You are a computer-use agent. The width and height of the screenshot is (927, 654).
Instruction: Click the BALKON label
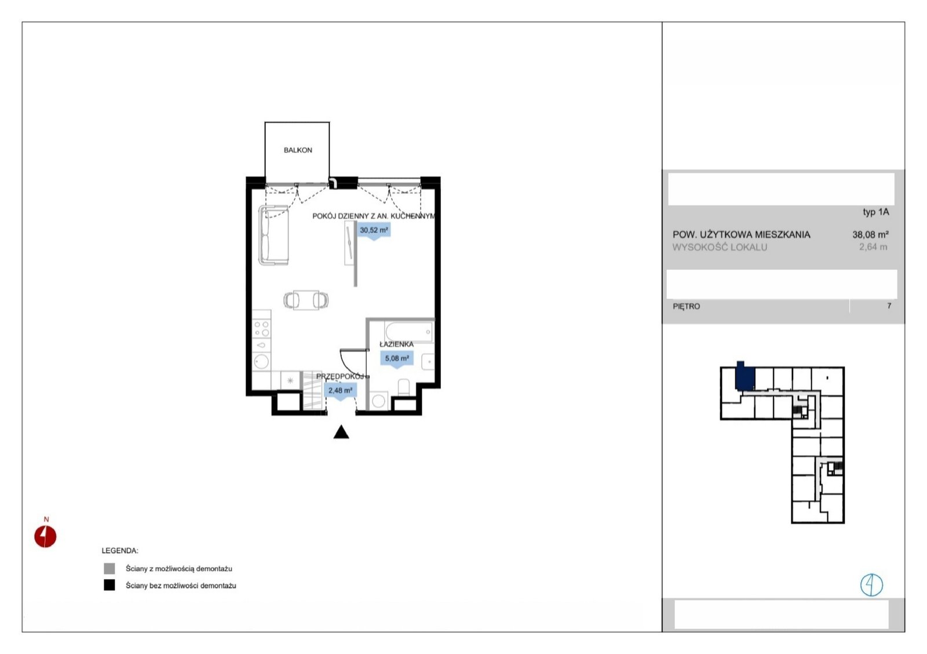point(298,150)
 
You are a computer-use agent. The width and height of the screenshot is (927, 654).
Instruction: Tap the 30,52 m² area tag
point(374,231)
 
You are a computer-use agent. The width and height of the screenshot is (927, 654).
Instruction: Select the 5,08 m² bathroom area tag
point(397,359)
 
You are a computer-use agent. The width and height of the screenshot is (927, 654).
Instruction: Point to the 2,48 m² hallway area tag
point(340,391)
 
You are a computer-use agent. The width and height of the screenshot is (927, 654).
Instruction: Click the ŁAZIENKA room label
point(396,344)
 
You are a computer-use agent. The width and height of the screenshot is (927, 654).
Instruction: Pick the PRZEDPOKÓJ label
point(340,376)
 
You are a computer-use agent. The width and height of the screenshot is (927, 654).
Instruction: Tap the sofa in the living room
point(273,235)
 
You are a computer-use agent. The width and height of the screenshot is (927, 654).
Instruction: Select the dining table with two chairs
point(306,300)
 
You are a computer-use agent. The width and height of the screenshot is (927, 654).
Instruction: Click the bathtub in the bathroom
point(409,332)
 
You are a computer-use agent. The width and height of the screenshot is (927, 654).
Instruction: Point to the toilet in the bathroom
point(403,387)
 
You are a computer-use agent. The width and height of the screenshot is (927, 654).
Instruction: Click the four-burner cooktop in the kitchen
point(261,329)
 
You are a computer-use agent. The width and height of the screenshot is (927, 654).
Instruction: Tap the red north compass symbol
point(45,536)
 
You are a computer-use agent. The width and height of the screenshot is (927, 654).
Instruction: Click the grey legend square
point(110,568)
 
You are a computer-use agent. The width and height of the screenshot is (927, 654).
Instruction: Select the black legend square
point(110,585)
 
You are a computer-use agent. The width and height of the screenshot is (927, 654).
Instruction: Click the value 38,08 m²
point(870,235)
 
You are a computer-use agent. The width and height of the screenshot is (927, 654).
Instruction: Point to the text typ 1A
point(875,212)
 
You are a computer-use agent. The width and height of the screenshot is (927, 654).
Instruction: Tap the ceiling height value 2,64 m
point(873,247)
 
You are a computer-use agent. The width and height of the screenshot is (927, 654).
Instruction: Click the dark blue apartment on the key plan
point(744,376)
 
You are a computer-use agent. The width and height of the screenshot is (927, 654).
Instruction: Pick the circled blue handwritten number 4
point(871,585)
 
